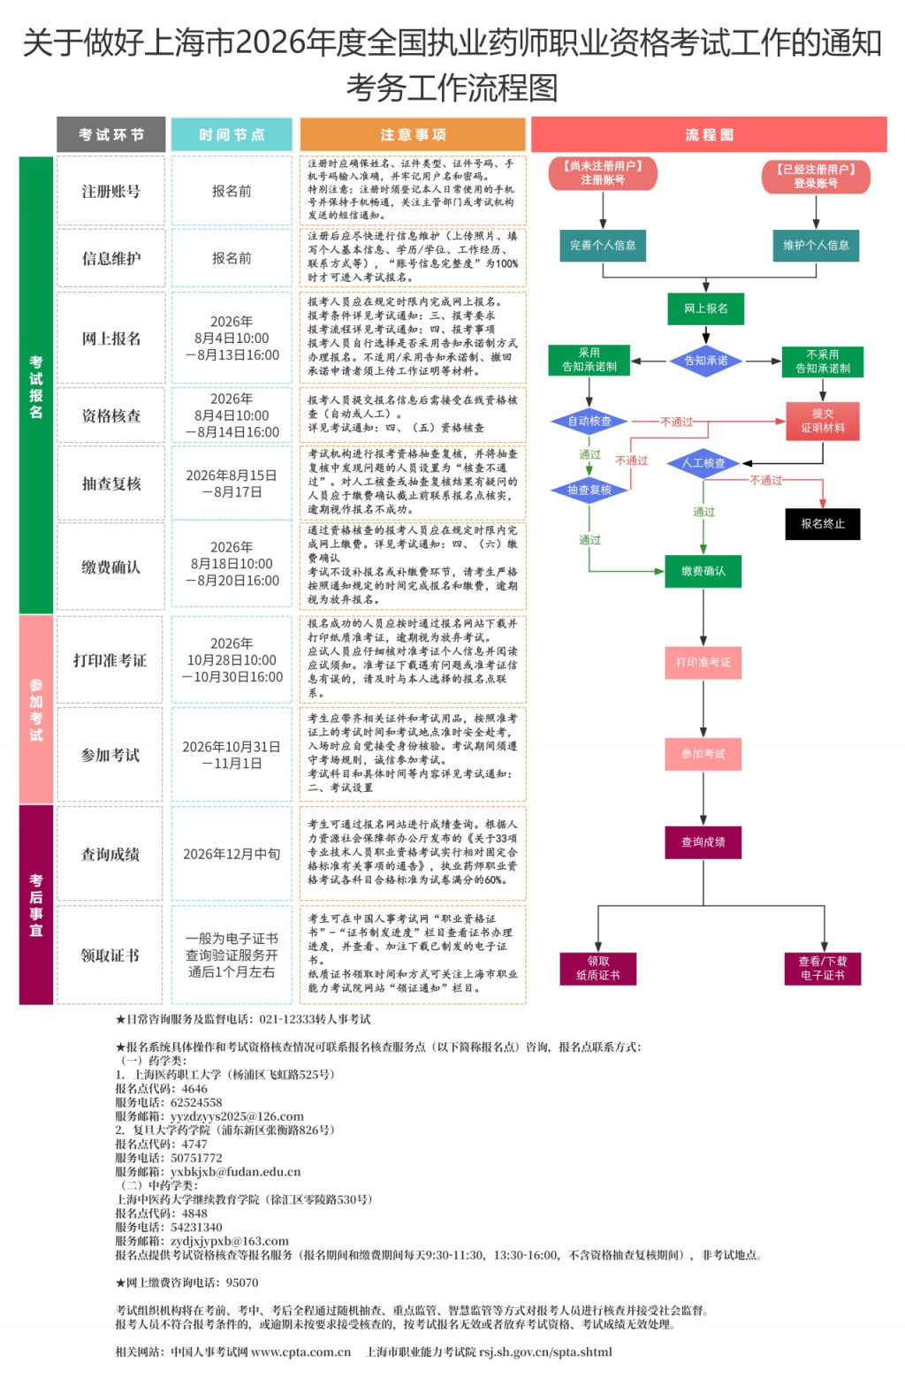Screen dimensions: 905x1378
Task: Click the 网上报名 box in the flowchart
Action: click(705, 308)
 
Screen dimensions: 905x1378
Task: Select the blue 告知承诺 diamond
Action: click(705, 361)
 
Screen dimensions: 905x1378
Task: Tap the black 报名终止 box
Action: click(823, 523)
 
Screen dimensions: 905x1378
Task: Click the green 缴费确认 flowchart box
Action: click(703, 571)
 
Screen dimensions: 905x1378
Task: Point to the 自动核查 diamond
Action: click(589, 422)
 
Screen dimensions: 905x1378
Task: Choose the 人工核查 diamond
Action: click(703, 463)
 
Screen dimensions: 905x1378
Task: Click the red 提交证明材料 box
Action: click(823, 421)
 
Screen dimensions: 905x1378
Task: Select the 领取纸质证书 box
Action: click(597, 968)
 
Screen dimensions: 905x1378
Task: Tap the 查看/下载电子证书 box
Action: click(823, 968)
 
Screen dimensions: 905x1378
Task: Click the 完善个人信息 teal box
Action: click(603, 245)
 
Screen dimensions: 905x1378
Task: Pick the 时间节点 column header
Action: click(232, 134)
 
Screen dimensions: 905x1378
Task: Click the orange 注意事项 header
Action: click(413, 134)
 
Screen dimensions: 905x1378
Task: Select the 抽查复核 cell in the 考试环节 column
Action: click(110, 483)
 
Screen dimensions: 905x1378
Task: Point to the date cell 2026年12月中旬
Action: click(232, 854)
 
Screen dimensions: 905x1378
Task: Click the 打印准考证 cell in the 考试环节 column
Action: click(110, 660)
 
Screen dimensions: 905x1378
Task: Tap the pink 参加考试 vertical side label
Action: click(35, 709)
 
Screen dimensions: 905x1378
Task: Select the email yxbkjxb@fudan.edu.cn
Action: click(236, 1171)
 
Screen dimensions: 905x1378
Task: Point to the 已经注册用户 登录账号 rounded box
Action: click(816, 176)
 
